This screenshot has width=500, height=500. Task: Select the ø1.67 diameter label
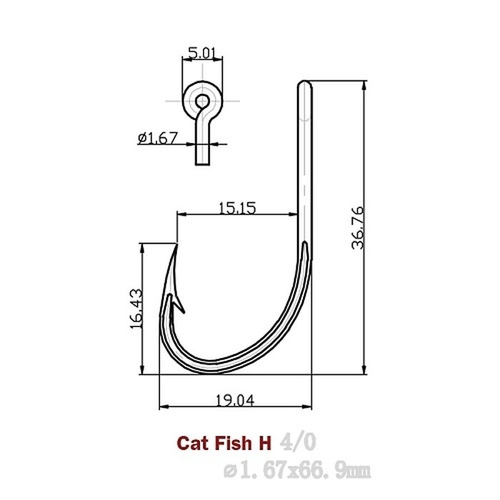(x=158, y=138)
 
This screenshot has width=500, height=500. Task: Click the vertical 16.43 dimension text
(x=136, y=308)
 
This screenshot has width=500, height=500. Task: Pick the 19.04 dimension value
(x=233, y=400)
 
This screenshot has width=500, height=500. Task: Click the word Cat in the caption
(x=190, y=443)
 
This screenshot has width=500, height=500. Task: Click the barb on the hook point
(x=181, y=309)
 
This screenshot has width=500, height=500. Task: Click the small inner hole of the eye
(x=203, y=100)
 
